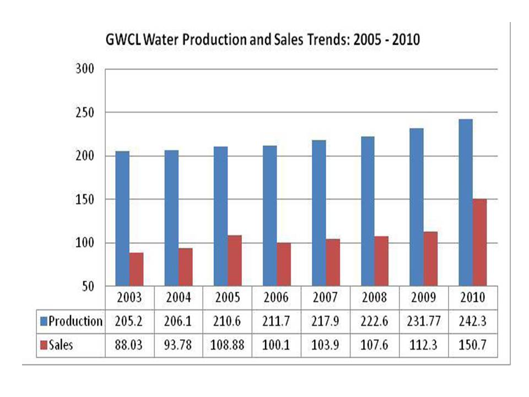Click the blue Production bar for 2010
point(465,202)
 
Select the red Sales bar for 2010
point(479,242)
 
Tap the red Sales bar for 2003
point(136,269)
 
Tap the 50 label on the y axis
point(88,287)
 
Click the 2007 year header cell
point(325,298)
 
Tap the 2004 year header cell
point(179,298)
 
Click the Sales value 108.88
point(227,345)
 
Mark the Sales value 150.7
point(472,345)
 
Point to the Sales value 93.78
point(179,345)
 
